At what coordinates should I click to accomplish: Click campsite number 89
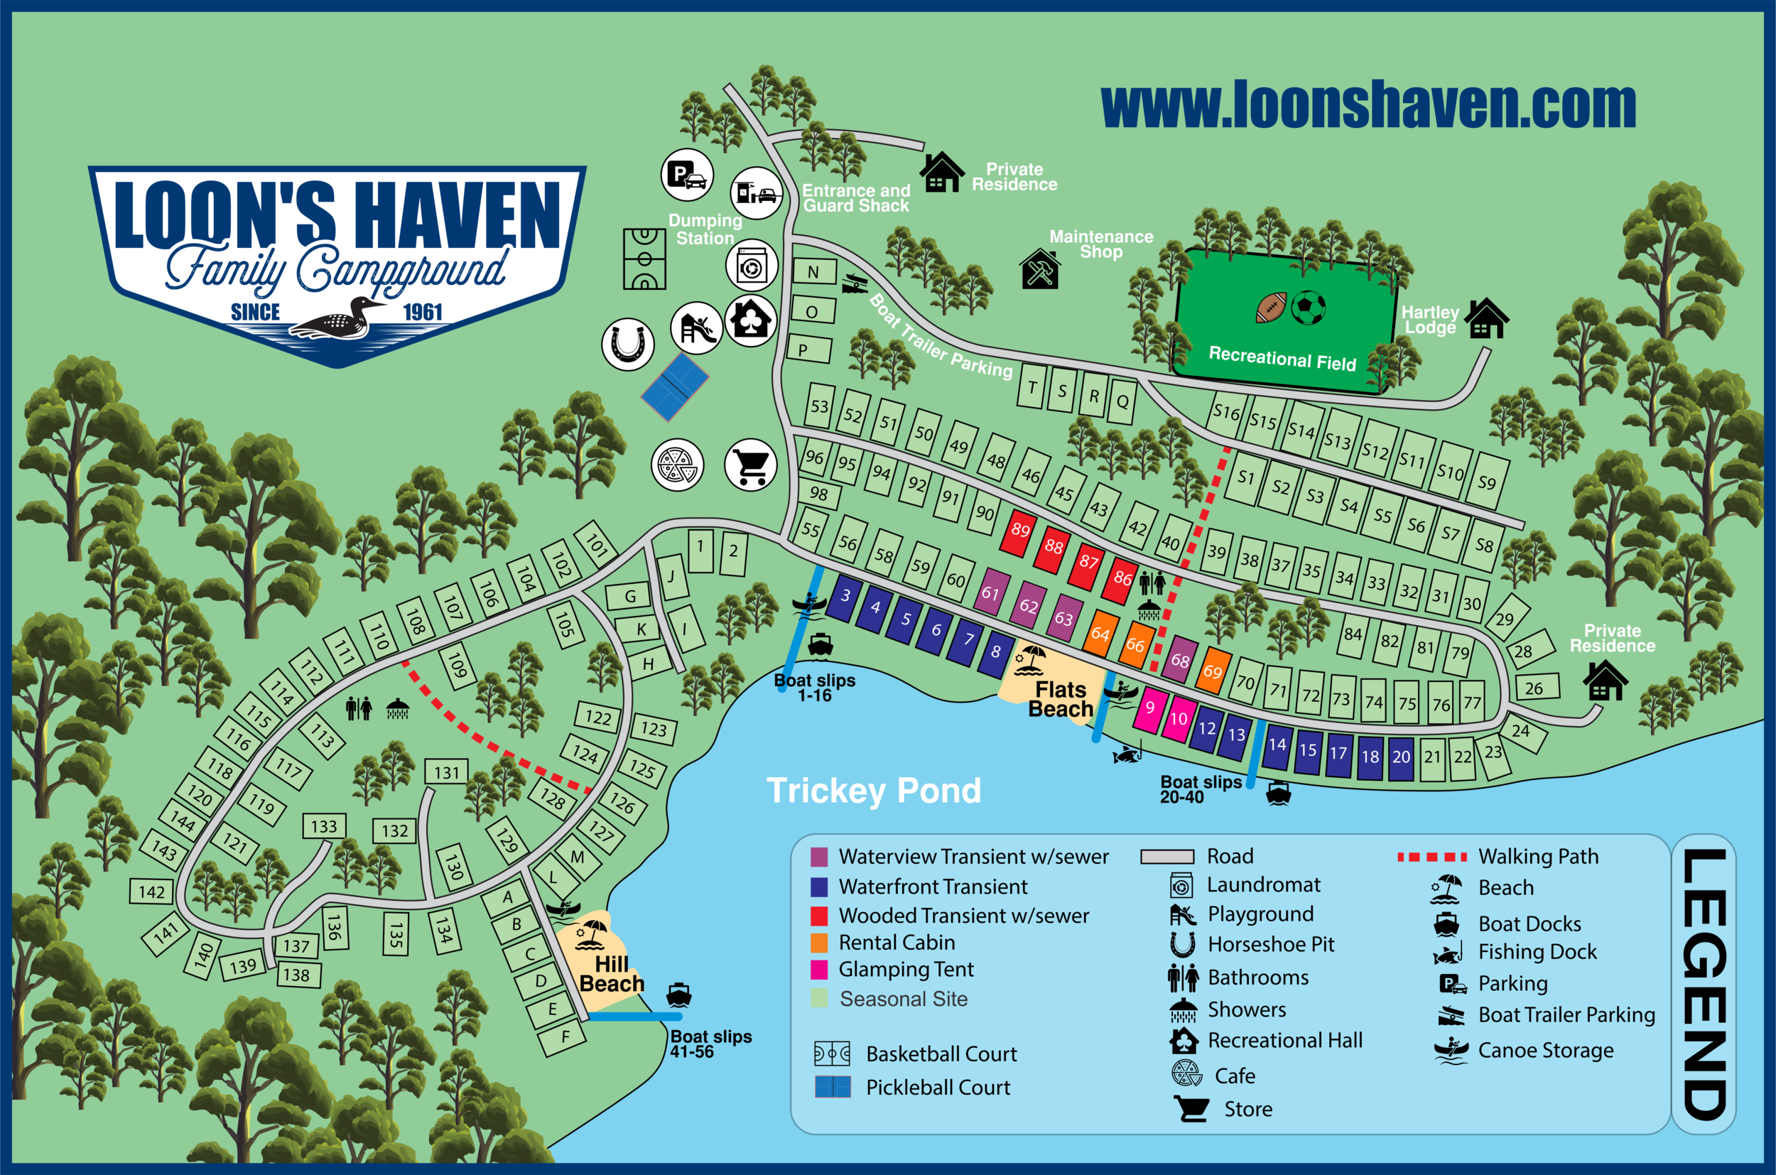click(1019, 531)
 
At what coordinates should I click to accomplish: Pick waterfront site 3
click(845, 597)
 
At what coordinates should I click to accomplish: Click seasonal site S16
click(1227, 412)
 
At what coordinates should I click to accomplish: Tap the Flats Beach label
click(1061, 699)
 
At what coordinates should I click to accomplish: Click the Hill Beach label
click(612, 973)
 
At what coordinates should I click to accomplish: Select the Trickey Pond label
click(873, 791)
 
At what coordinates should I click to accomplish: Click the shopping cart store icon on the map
click(751, 465)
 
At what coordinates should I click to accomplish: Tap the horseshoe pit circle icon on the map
click(628, 345)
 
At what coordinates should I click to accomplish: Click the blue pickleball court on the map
click(674, 386)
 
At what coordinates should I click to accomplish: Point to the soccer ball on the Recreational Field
click(1309, 307)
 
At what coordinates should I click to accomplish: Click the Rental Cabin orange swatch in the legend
click(819, 943)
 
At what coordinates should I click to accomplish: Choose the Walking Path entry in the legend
click(1538, 857)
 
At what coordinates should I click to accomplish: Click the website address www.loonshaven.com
click(1368, 107)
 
